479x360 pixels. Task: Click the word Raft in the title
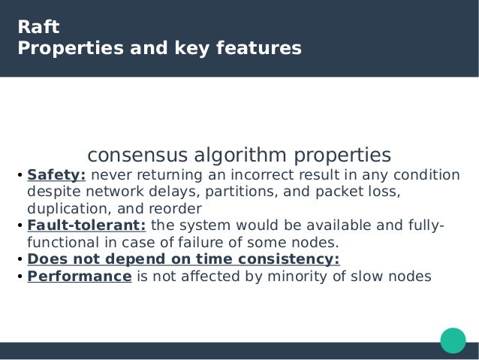pos(38,28)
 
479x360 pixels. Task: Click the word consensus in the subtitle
pos(139,156)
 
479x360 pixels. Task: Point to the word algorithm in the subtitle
pos(244,156)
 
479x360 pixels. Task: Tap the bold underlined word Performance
pos(80,276)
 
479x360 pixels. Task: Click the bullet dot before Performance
pos(20,277)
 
